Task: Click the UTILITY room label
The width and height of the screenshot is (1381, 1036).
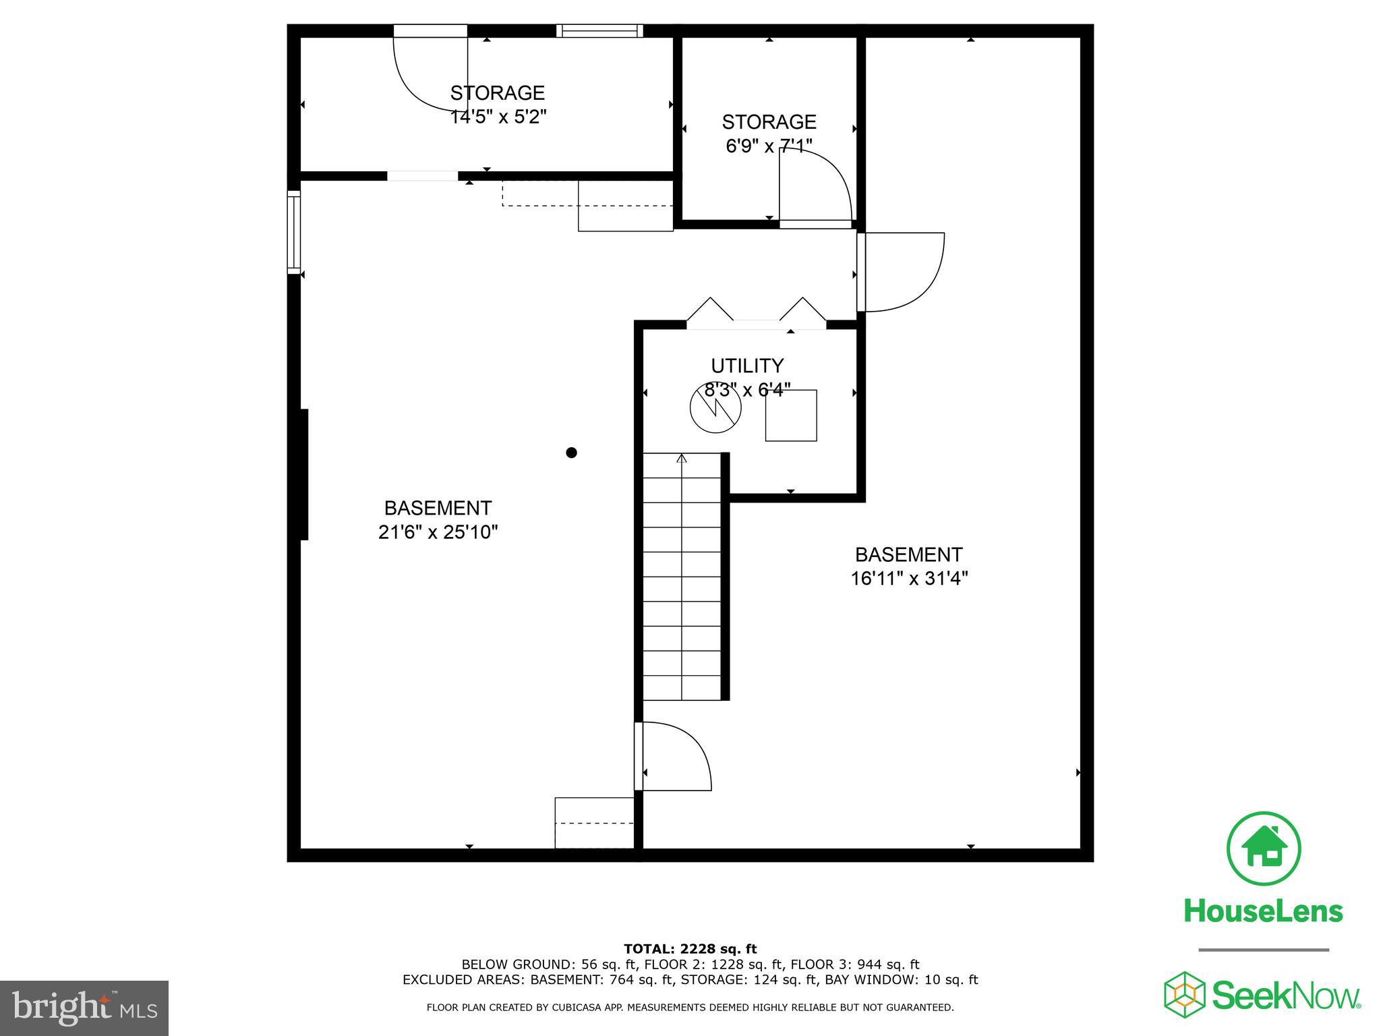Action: click(x=747, y=366)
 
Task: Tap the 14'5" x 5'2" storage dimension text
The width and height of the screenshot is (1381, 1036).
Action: click(x=498, y=117)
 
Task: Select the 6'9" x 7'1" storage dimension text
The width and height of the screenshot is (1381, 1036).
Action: click(x=769, y=146)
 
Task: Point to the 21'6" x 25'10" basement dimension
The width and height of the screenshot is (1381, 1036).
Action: click(x=438, y=532)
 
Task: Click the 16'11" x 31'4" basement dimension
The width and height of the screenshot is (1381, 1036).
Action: click(x=908, y=579)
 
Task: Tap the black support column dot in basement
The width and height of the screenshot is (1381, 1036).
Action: click(x=571, y=453)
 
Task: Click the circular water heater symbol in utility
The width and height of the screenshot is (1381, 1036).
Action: click(x=715, y=408)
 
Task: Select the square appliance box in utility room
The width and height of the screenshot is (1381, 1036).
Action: click(x=791, y=415)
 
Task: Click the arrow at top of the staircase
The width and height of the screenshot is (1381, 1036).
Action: click(x=682, y=459)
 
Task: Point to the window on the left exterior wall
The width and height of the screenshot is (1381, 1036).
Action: click(x=294, y=232)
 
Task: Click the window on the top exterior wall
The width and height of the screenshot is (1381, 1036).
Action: click(x=599, y=30)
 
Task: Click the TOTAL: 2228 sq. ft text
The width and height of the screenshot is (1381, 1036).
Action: click(x=690, y=949)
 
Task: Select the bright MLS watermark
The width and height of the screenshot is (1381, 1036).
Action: click(x=84, y=1008)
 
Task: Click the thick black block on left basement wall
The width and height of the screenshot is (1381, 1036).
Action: click(x=304, y=474)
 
